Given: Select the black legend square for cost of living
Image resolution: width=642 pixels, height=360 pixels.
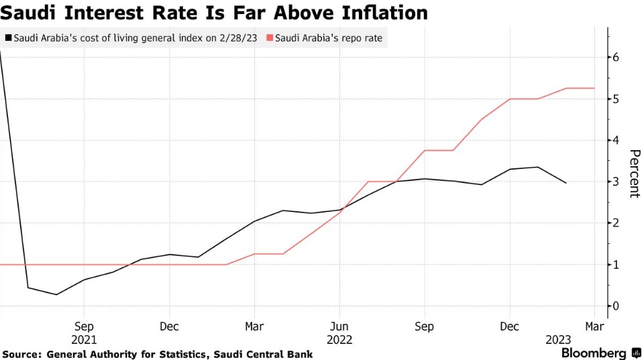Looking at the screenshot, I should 7,38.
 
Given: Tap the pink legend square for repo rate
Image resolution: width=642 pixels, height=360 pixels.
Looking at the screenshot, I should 270,38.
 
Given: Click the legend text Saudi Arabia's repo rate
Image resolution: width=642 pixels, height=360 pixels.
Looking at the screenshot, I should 328,38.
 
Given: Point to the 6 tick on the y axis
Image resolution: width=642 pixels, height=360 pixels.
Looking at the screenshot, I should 616,58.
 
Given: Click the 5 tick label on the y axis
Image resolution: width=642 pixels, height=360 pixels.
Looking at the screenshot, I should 616,99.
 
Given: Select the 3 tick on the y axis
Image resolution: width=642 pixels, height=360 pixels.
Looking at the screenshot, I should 616,182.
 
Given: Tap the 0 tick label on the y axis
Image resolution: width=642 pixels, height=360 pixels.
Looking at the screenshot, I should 616,306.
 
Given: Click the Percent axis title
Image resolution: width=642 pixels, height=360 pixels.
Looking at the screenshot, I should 633,174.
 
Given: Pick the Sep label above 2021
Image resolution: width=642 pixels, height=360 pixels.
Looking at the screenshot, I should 85,327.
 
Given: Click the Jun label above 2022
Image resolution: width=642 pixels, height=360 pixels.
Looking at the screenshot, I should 339,327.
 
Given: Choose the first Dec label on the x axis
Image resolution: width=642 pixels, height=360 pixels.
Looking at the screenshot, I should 169,327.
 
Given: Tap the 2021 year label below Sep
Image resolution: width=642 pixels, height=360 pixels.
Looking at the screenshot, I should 85,339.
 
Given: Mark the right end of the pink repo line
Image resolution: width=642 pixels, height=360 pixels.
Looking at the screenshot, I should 594,88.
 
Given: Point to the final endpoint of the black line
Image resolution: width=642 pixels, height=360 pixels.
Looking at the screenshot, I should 566,182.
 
